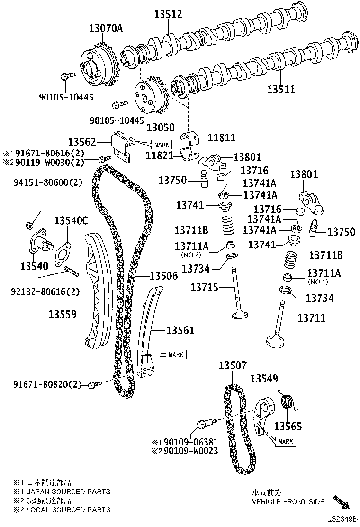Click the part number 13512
coord(168,15)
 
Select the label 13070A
coord(106,28)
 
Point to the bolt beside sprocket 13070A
coord(68,76)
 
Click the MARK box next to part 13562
coord(161,144)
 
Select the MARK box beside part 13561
coord(176,354)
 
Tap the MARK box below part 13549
coord(286,441)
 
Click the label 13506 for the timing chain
coord(163,275)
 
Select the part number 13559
coord(63,314)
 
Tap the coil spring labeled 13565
coord(287,402)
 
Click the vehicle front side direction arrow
coord(342,502)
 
